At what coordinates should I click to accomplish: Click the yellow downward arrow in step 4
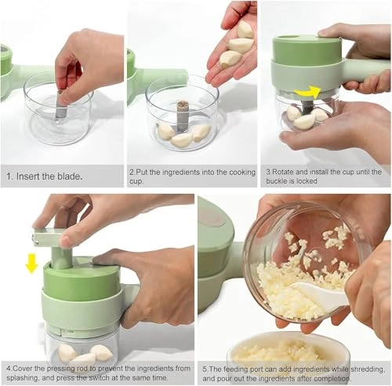pos(31,263)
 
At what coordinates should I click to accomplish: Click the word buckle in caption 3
pos(281,181)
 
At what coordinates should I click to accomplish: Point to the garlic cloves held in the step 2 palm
pos(237,43)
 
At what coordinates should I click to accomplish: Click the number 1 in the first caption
pos(8,176)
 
